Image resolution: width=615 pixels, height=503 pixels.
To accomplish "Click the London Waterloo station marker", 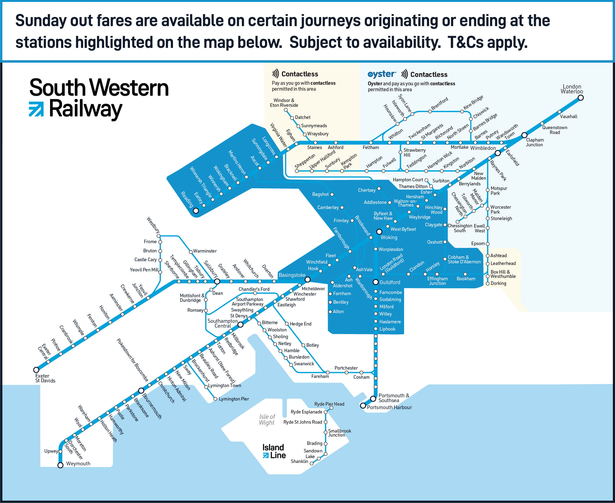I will (581, 98).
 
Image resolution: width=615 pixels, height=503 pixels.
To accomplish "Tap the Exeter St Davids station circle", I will (36, 370).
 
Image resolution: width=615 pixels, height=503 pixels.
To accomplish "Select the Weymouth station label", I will (78, 464).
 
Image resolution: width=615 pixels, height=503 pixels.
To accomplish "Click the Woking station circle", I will (379, 232).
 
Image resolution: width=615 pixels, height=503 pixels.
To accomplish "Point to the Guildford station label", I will (390, 282).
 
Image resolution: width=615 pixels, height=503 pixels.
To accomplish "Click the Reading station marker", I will (196, 211).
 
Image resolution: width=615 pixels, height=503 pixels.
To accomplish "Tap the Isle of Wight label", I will (267, 420).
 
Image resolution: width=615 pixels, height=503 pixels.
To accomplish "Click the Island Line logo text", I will (274, 451).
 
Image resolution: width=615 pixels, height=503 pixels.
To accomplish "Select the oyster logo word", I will (381, 75).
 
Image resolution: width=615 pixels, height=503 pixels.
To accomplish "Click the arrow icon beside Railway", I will (36, 109).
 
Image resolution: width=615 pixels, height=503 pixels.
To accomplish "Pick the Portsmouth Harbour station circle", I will (363, 406).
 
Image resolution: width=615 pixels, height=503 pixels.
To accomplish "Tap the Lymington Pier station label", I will (234, 399).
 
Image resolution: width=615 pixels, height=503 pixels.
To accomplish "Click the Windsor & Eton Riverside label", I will (284, 103).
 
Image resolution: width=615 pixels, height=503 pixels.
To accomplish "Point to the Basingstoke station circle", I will (307, 279).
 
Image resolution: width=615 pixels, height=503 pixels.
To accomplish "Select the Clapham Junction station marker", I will (524, 135).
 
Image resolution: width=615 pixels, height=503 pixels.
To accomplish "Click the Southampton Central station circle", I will (241, 325).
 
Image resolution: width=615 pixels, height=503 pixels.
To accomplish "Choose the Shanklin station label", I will (299, 461).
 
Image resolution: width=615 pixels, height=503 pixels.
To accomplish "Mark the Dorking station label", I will (498, 283).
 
